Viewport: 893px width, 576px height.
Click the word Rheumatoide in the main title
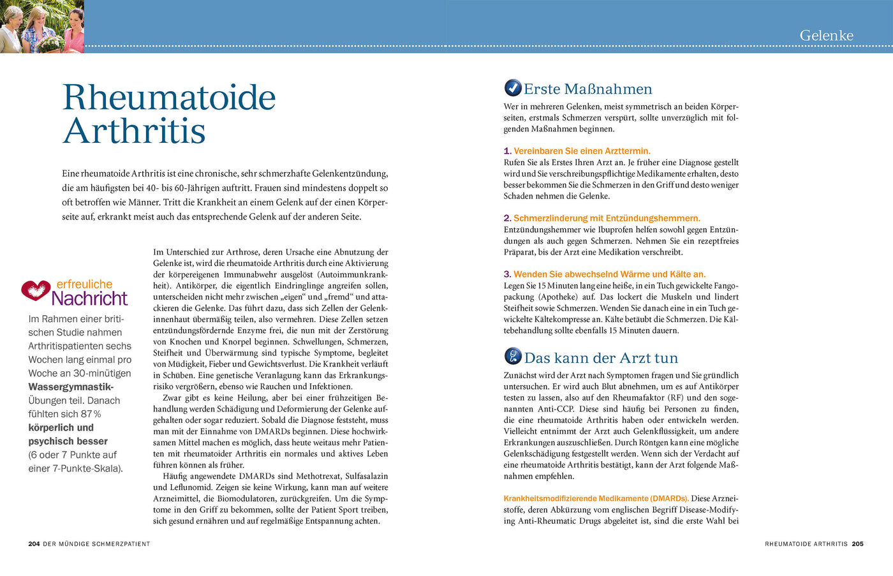tap(169, 98)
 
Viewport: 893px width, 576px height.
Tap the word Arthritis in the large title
tap(134, 131)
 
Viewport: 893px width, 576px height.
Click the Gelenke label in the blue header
tap(826, 36)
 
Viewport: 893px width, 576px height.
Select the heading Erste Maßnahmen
tap(587, 89)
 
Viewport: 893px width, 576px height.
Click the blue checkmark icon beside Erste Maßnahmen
tap(512, 87)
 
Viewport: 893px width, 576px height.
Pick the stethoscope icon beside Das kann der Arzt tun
tap(512, 356)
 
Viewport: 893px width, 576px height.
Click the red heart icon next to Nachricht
tap(36, 290)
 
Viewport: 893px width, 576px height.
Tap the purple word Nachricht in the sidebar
tap(89, 299)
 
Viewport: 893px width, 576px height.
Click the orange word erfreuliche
tap(84, 284)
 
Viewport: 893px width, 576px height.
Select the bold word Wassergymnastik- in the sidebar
tap(71, 387)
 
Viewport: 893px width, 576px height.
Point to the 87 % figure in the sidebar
tap(91, 414)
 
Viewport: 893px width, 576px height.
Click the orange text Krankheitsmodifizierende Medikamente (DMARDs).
tap(596, 498)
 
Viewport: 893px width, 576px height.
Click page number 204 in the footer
tap(34, 544)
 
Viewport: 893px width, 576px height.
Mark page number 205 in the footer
tap(857, 544)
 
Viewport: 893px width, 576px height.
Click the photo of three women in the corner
tap(41, 26)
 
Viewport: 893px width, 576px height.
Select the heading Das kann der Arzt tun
tap(601, 358)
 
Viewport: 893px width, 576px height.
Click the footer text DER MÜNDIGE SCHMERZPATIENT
tap(96, 544)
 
